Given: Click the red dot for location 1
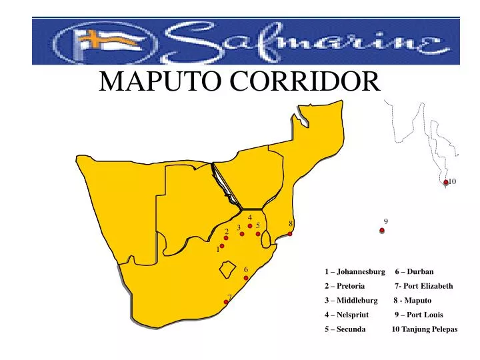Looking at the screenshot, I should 222,246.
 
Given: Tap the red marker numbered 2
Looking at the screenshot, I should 226,238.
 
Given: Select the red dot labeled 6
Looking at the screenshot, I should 246,278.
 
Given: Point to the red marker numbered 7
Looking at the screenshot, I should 226,302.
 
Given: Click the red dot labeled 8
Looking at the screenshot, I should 290,233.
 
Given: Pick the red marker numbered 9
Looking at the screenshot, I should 382,231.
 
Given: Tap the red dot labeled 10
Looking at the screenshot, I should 446,182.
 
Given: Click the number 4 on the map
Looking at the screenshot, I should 249,217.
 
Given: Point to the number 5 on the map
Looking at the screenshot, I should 257,225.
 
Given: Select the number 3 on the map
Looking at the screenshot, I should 238,228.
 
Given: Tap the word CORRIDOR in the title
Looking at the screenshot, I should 305,81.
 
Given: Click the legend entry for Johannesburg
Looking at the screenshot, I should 355,271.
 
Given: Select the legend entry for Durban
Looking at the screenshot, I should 415,271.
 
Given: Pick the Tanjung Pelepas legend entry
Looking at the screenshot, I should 425,329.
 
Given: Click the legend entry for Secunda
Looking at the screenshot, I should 345,329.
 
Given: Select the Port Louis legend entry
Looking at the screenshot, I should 419,315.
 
